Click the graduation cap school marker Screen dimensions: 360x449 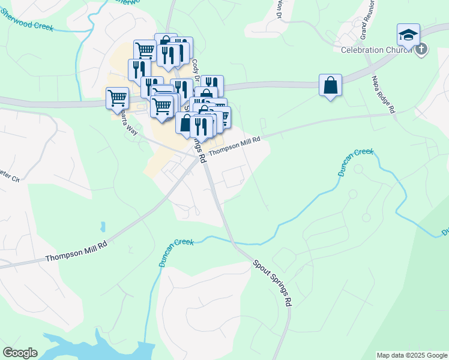click(408, 34)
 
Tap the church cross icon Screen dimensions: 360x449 click(421, 49)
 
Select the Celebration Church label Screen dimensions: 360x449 click(376, 50)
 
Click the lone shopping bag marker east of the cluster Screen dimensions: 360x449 click(330, 85)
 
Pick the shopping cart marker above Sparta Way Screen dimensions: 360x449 click(117, 98)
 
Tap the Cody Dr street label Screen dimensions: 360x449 click(195, 67)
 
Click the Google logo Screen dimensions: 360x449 click(20, 353)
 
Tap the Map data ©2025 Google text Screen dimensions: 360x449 click(412, 355)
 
